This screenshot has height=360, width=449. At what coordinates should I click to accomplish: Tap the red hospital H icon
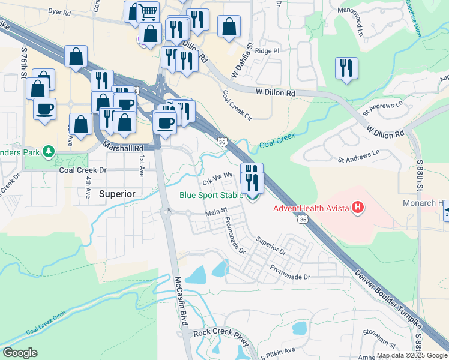pyautogui.click(x=358, y=208)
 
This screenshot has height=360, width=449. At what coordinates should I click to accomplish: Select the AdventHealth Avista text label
pyautogui.click(x=312, y=209)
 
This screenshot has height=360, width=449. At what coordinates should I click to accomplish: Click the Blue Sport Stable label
pyautogui.click(x=212, y=195)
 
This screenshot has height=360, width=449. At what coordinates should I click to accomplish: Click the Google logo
pyautogui.click(x=20, y=352)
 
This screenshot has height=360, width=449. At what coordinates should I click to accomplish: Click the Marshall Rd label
pyautogui.click(x=124, y=147)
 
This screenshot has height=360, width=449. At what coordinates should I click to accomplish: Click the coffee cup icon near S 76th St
pyautogui.click(x=44, y=109)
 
